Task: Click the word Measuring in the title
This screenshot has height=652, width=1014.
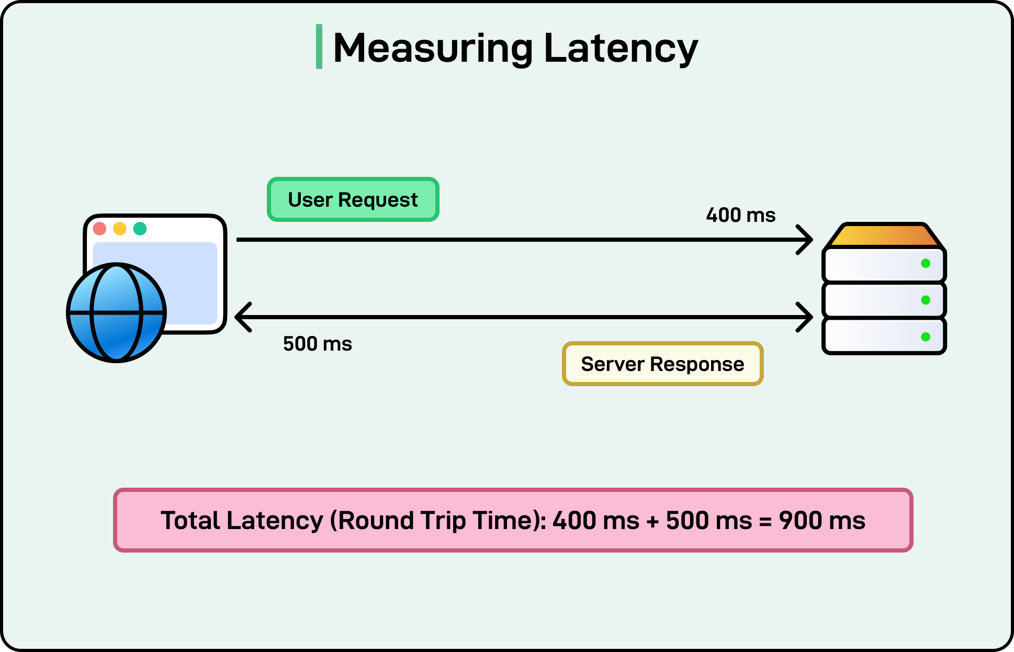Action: coord(432,48)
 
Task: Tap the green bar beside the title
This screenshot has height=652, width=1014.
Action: coord(319,47)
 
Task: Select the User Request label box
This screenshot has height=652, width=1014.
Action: coord(353,200)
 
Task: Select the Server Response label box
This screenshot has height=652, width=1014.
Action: coord(662,364)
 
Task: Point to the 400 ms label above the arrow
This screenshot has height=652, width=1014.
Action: coord(740,215)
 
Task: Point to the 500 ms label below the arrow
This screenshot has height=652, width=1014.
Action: coord(317,344)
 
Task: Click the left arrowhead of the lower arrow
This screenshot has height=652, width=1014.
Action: coord(242,317)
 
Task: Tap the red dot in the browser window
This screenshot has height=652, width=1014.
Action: coord(99,229)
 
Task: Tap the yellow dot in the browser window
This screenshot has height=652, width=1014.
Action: coord(120,229)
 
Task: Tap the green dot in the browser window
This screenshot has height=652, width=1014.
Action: coord(140,229)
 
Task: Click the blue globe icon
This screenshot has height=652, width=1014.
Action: coord(116,312)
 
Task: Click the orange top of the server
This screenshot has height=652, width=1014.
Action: coord(884,235)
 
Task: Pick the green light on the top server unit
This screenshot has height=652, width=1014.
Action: coord(925,263)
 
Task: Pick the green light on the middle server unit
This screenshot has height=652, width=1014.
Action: coord(925,300)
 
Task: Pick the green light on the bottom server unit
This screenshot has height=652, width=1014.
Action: coord(925,336)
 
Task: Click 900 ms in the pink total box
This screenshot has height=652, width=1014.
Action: coord(821,521)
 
